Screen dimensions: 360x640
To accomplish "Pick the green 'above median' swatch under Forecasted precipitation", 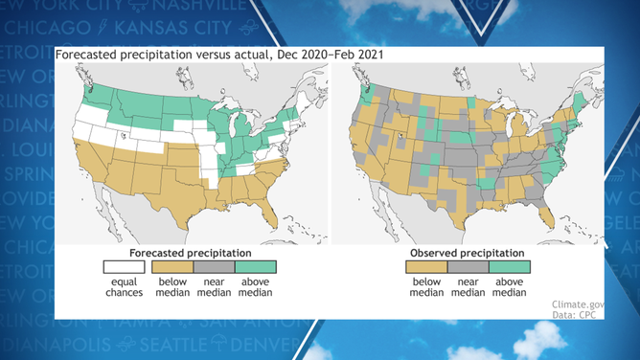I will (255, 267).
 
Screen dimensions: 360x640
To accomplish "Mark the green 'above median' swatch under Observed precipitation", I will (511, 267).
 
